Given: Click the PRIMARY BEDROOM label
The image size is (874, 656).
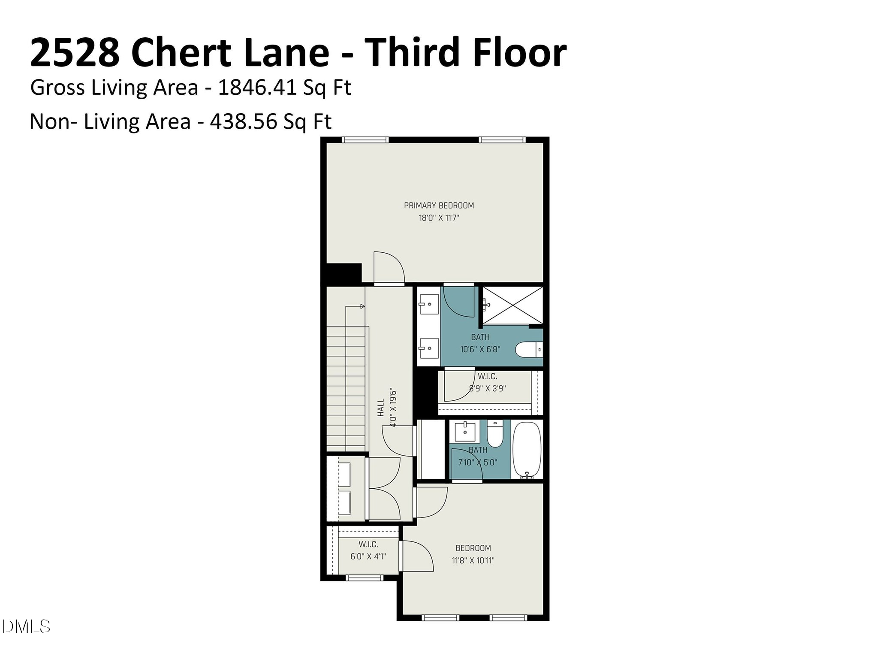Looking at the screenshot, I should point(439,206).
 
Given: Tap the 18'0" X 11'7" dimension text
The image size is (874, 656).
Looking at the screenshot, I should point(439,218).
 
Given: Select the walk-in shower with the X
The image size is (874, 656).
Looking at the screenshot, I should point(512,305).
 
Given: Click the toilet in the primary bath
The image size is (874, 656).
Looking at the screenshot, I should point(528,350).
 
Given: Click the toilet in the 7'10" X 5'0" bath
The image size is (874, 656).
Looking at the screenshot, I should point(495,435).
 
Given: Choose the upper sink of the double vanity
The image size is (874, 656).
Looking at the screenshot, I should point(428,304).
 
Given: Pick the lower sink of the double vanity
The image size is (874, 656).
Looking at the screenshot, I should point(428,348).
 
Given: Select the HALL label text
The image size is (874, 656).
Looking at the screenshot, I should point(381,408).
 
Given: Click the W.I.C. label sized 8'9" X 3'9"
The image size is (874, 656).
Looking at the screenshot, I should point(488,377).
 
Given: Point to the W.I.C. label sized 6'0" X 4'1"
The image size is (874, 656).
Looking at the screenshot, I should point(368,544).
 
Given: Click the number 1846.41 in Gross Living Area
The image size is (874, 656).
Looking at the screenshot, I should point(257,88).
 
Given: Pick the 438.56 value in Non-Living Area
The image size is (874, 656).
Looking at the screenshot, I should point(243,121).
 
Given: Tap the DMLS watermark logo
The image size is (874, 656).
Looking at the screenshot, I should point(26,627).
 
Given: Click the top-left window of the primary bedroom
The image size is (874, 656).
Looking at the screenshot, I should point(365,139).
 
